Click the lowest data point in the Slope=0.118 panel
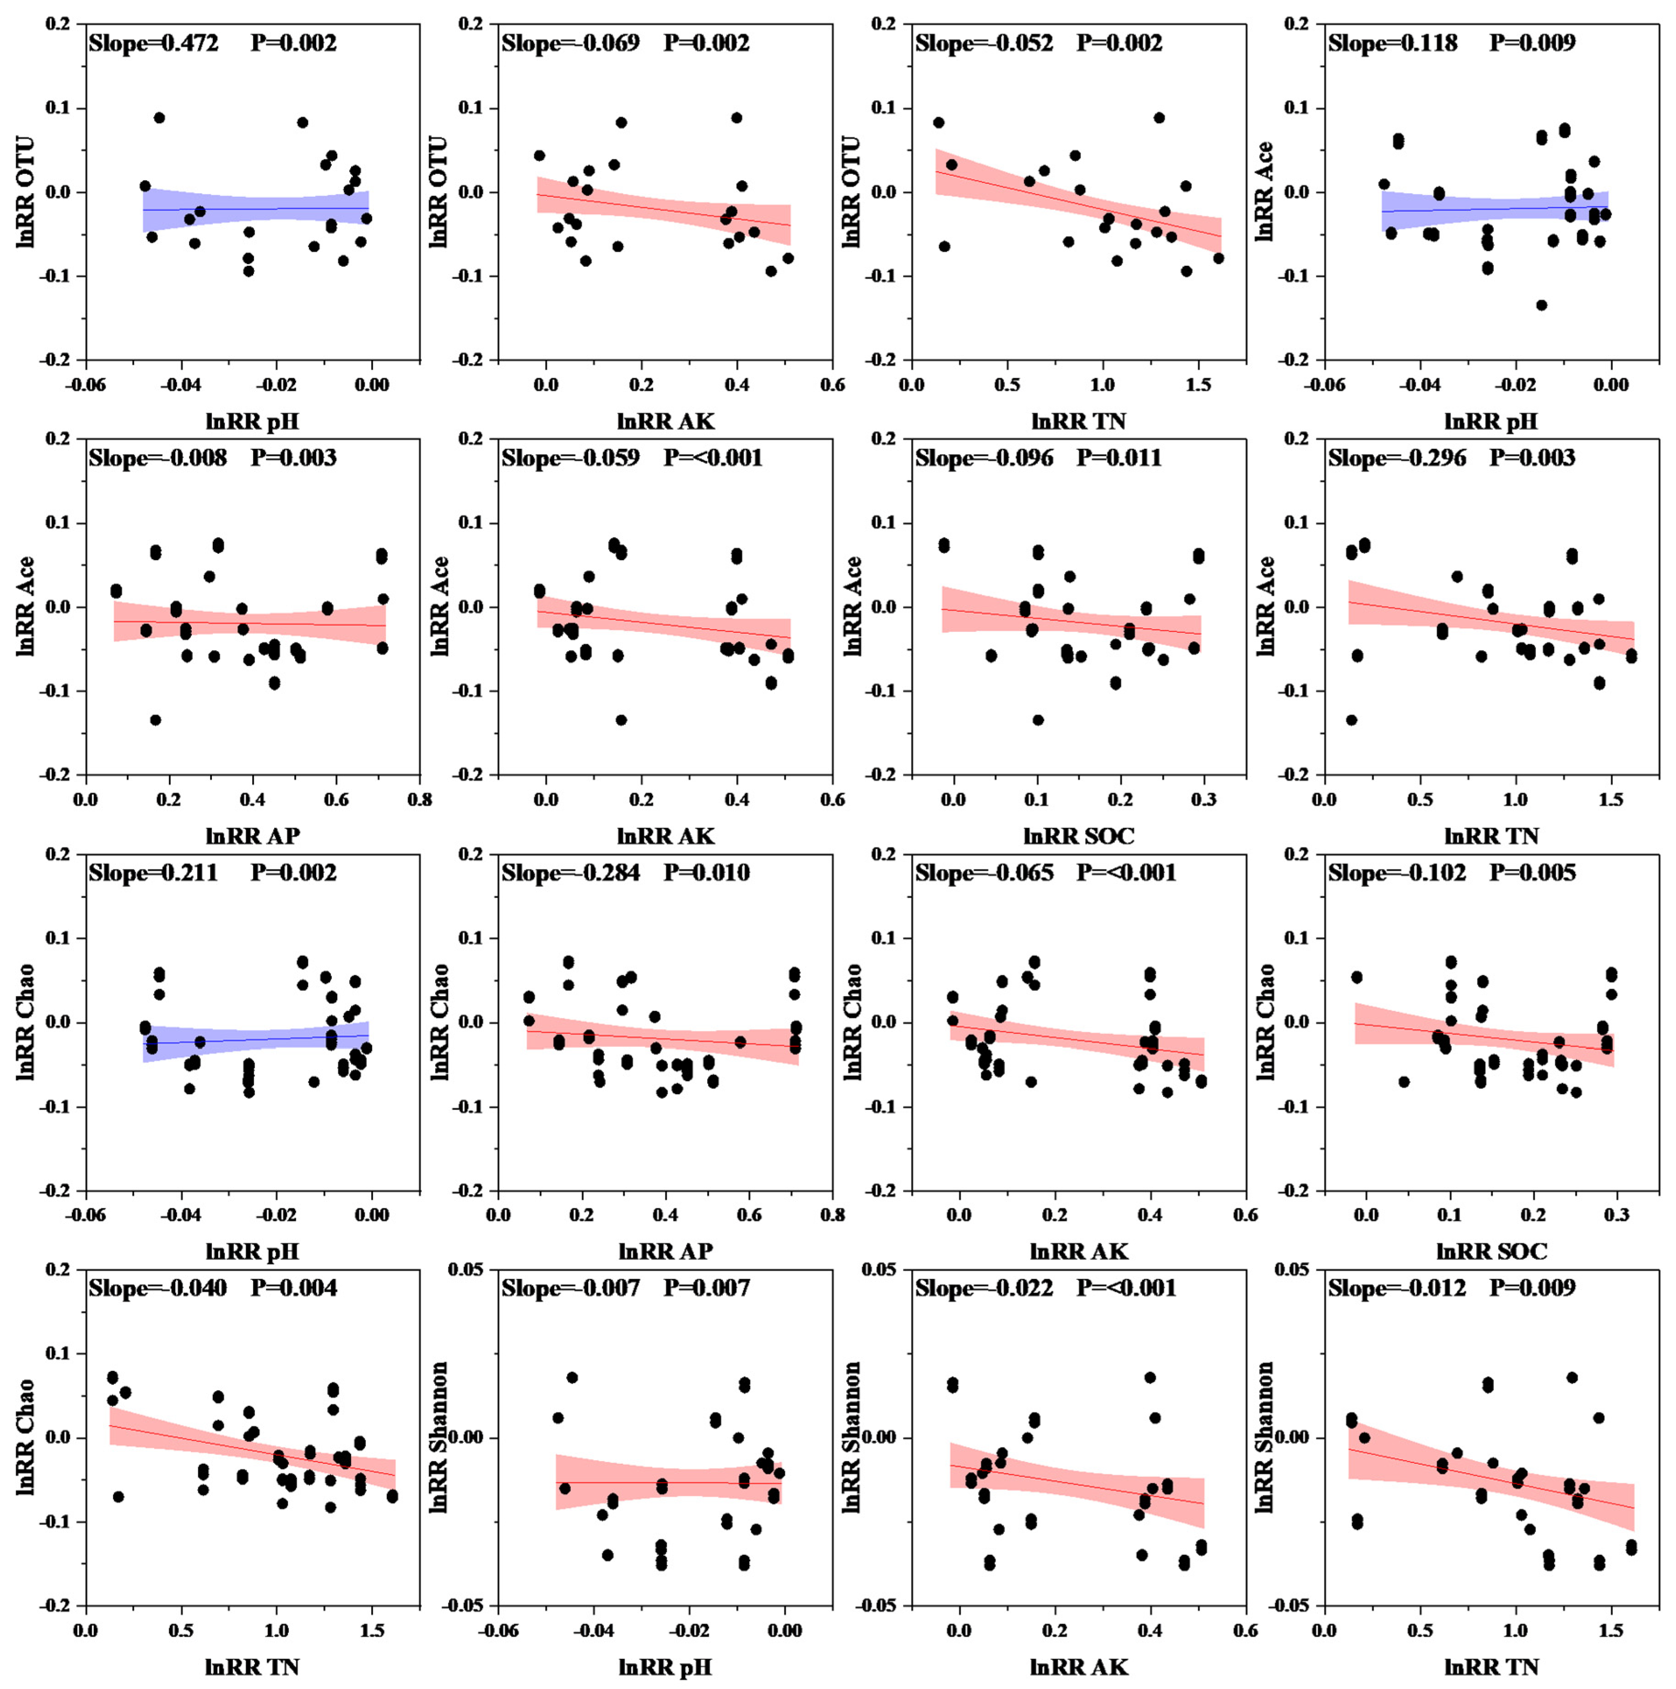(1541, 305)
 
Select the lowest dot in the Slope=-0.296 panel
(1351, 719)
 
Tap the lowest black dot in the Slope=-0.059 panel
(621, 719)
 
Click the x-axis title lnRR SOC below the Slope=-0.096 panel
(1079, 836)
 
